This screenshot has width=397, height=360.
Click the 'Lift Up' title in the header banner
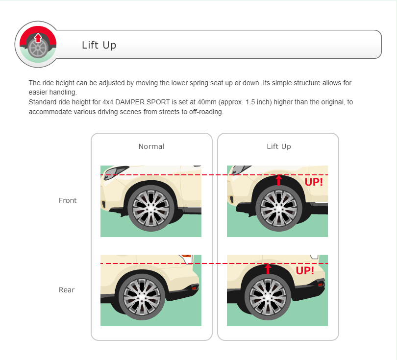click(99, 45)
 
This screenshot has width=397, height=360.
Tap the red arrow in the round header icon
click(38, 38)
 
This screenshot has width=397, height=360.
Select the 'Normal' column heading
click(151, 146)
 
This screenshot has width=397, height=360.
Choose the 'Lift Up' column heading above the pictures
click(279, 146)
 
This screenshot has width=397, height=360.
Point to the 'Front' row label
click(68, 200)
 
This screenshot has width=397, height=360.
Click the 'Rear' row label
click(67, 289)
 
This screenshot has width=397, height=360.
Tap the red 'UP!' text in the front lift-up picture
click(314, 182)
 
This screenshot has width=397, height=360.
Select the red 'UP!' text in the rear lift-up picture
click(305, 271)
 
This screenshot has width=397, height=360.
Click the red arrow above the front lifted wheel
click(279, 180)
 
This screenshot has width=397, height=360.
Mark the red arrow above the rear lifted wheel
click(268, 269)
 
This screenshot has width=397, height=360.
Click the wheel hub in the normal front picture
click(151, 208)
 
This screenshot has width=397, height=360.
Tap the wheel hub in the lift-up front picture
click(279, 208)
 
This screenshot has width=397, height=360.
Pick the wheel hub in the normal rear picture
click(142, 297)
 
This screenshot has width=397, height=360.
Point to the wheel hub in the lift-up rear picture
click(268, 297)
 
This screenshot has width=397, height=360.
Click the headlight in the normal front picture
click(115, 172)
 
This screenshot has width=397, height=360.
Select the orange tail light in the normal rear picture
click(186, 256)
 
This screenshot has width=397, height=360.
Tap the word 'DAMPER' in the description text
click(130, 102)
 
